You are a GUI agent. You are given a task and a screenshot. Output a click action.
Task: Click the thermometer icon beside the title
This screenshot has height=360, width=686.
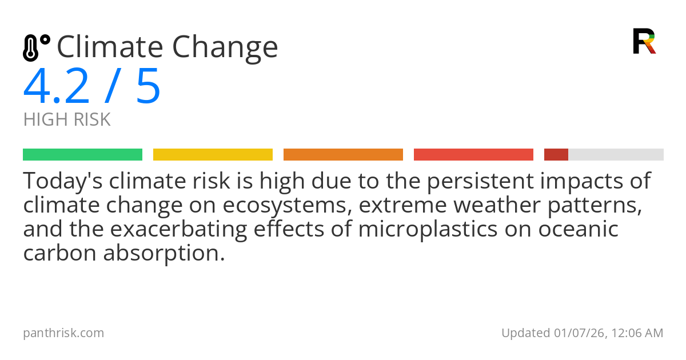(x=35, y=48)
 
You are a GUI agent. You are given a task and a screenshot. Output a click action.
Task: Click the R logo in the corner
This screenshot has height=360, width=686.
(x=644, y=41)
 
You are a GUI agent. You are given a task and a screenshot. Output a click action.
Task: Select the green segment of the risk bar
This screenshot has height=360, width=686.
(x=82, y=155)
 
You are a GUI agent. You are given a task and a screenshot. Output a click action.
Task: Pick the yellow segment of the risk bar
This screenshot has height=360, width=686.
(x=213, y=155)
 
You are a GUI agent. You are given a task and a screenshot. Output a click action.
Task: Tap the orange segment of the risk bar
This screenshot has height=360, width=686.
(x=343, y=155)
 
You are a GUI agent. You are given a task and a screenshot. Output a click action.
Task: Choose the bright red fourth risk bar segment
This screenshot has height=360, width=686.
(x=473, y=155)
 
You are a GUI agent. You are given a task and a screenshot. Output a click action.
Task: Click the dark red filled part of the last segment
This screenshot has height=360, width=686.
(x=556, y=155)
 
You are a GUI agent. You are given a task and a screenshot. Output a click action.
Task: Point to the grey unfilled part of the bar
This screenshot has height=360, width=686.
(x=616, y=155)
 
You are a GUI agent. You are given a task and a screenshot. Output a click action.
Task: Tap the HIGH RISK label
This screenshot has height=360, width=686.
(x=67, y=120)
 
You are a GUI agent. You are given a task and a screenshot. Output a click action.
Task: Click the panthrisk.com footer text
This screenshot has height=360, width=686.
(x=63, y=333)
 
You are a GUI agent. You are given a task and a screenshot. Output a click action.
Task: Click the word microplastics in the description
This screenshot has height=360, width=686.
(x=419, y=229)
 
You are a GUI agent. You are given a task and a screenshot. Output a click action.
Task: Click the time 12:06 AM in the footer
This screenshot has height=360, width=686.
(x=636, y=333)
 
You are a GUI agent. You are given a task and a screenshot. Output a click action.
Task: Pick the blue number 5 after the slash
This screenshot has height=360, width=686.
(x=148, y=87)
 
